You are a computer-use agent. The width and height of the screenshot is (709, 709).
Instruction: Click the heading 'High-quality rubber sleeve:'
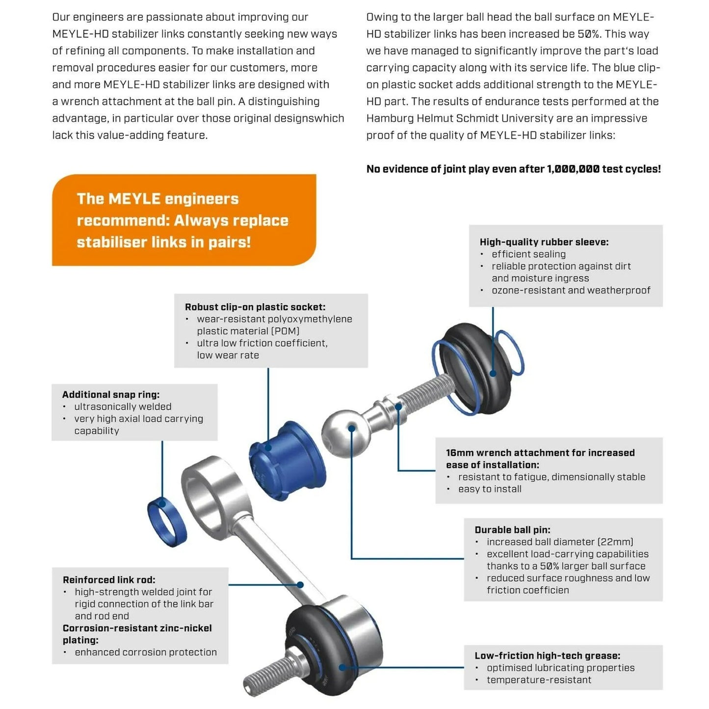click(544, 242)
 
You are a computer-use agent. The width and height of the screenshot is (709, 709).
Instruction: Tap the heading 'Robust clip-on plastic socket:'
click(255, 307)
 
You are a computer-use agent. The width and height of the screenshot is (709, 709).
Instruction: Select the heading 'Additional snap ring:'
click(110, 394)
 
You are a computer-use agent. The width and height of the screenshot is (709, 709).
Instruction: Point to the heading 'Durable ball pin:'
click(512, 530)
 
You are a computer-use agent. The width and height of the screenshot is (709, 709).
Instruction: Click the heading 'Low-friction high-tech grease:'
click(547, 656)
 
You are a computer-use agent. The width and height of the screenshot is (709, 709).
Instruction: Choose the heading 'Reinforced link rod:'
click(108, 580)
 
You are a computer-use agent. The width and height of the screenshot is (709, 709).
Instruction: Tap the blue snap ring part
click(167, 521)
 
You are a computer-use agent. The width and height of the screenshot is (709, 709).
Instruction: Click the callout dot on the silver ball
click(352, 428)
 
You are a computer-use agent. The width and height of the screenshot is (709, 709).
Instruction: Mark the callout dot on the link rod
click(300, 584)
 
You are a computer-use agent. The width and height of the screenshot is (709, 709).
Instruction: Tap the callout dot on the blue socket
click(268, 447)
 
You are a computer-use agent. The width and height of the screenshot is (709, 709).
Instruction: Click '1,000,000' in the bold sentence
click(573, 169)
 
